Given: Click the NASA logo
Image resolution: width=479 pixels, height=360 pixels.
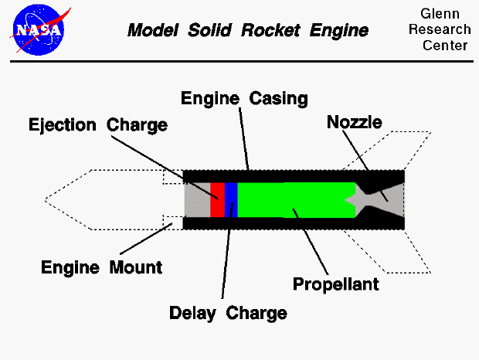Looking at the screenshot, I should coord(39,30).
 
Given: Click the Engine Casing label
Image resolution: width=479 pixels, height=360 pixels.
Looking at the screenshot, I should coord(244,99).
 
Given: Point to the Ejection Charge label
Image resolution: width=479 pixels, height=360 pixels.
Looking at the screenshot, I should coord(98,124).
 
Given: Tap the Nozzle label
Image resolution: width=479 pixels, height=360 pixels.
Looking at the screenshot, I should coord(355,121).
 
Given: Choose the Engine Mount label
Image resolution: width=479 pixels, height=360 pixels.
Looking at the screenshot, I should coord(102,268).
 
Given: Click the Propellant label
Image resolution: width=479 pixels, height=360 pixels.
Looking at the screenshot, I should coord(336,284).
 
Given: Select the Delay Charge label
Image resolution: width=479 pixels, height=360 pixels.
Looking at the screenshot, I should coord(228,313).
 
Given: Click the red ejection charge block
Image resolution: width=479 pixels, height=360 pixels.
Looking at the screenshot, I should coord(217,200).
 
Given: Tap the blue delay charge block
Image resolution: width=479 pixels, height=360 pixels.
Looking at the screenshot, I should coord(231,200).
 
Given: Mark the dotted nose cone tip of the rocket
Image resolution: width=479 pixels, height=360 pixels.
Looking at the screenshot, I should coord(48,200).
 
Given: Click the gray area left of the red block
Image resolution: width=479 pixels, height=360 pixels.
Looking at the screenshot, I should coord(197,200).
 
